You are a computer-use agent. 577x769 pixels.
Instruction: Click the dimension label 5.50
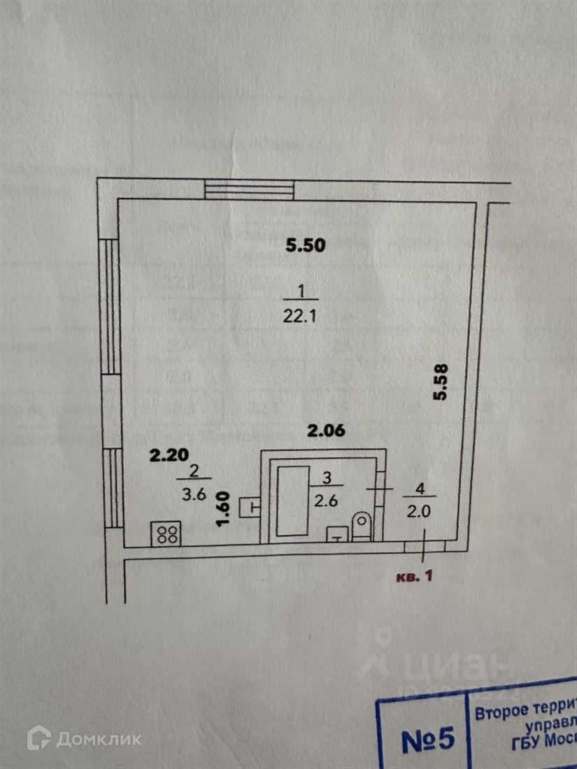point(306,245)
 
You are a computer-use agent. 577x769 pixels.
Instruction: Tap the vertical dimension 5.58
point(440,382)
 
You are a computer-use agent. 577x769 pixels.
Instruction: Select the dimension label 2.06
point(328,432)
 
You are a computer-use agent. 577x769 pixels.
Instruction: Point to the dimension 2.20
point(169,455)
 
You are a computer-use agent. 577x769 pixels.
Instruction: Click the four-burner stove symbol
point(166,535)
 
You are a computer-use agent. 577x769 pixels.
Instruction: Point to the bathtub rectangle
point(292,500)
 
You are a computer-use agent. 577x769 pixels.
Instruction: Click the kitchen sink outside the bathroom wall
point(250,506)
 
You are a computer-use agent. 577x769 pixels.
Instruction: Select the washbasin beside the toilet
point(337,535)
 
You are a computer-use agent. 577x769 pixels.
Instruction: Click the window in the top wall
point(250,189)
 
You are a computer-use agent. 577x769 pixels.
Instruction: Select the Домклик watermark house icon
point(38,738)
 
